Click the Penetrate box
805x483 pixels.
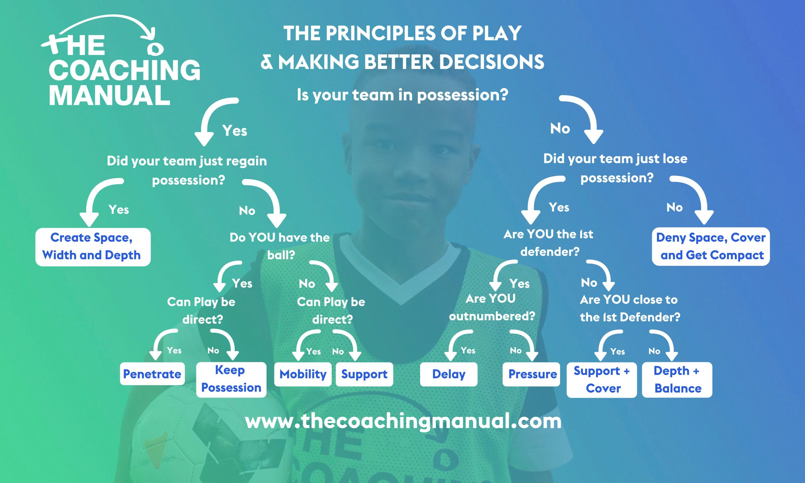coord(152,374)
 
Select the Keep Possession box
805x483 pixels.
coord(231,380)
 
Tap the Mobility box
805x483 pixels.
coord(303,374)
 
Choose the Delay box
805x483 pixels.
coord(449,374)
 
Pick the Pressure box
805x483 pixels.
coord(531,374)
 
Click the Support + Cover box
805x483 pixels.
coord(602,380)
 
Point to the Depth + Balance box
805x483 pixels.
coord(677,380)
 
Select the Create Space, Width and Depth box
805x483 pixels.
coord(93,247)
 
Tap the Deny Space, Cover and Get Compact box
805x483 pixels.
coord(711,247)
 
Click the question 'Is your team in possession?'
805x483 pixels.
coord(402,95)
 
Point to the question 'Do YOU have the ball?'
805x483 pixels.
coord(280,246)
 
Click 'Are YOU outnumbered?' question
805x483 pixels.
coord(492,307)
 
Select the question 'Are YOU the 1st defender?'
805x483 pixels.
coord(549,243)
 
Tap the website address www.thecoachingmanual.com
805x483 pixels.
coord(403,421)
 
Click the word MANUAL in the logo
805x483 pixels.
coord(110,95)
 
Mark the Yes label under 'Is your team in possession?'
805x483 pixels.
coord(235,130)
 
